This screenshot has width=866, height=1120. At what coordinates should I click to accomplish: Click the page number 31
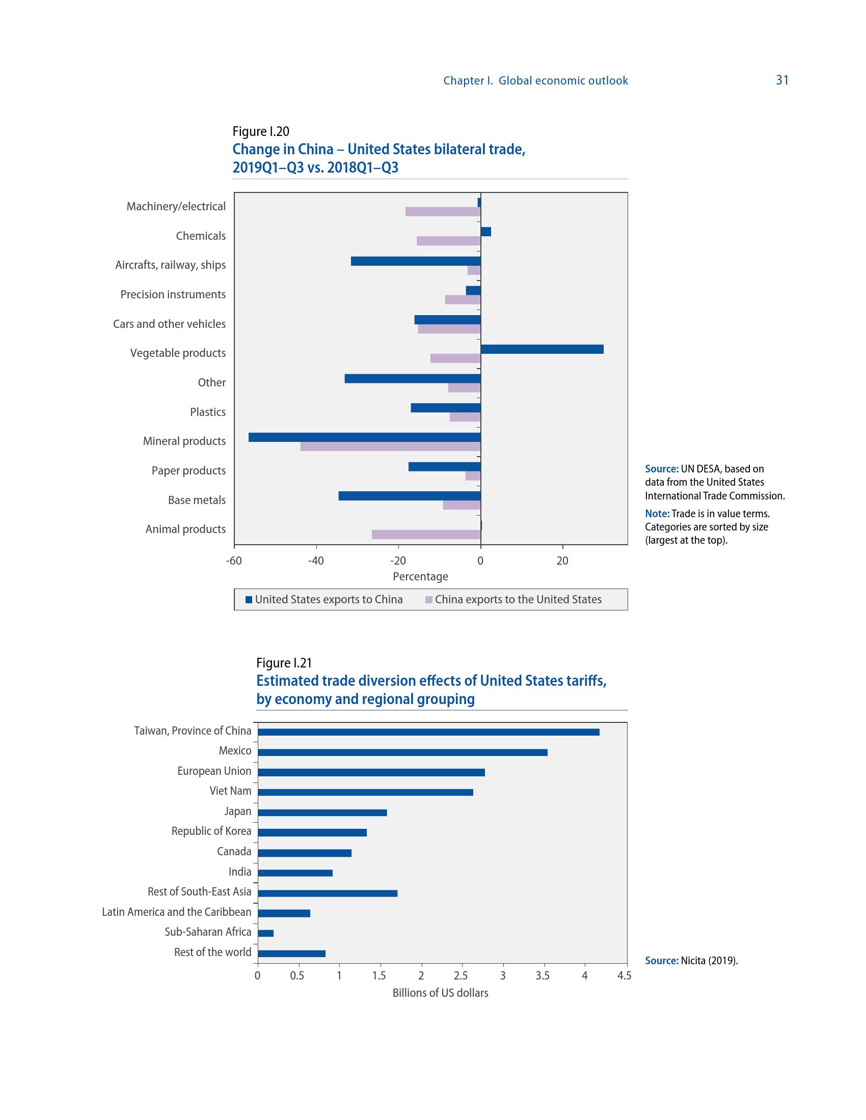782,80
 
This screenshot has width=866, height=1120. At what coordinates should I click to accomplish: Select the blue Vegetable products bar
542,349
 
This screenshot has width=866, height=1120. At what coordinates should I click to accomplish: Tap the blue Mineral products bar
364,437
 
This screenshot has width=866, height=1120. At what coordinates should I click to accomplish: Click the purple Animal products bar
426,535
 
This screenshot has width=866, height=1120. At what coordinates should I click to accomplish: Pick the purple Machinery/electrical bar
443,211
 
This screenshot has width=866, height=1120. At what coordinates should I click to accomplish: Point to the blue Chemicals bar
485,232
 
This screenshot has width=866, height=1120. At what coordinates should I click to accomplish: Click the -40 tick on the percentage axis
315,561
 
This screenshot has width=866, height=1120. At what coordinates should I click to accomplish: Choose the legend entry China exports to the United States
513,600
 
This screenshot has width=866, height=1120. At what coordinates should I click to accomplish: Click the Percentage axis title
420,576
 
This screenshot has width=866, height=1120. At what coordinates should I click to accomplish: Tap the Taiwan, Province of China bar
428,732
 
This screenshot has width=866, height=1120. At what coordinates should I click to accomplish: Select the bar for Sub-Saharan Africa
266,933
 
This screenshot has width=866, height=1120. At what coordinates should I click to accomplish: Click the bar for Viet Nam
365,792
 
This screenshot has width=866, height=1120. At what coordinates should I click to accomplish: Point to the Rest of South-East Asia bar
328,893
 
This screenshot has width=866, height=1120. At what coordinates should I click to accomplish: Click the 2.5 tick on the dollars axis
461,976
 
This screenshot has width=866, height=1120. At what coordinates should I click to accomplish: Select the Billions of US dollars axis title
440,993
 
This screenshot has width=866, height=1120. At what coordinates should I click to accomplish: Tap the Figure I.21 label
284,663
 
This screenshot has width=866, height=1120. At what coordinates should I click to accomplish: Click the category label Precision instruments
173,294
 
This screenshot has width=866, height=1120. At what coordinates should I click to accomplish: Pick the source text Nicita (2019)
709,961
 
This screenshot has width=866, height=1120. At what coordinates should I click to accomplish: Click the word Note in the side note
657,513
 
